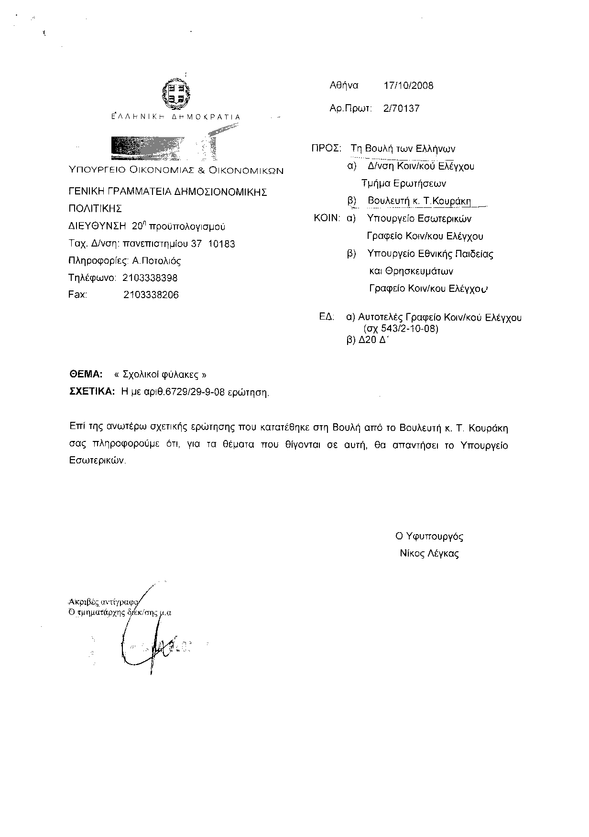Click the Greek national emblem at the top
(176, 94)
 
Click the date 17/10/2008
(408, 86)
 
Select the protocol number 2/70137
(401, 108)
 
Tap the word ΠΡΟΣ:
(326, 148)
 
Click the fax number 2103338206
(151, 295)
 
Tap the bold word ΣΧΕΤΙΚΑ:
(92, 391)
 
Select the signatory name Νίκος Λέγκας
(429, 554)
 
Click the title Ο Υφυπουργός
(429, 537)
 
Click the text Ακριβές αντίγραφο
(103, 602)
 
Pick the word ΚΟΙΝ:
(327, 218)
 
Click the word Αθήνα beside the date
(344, 86)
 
